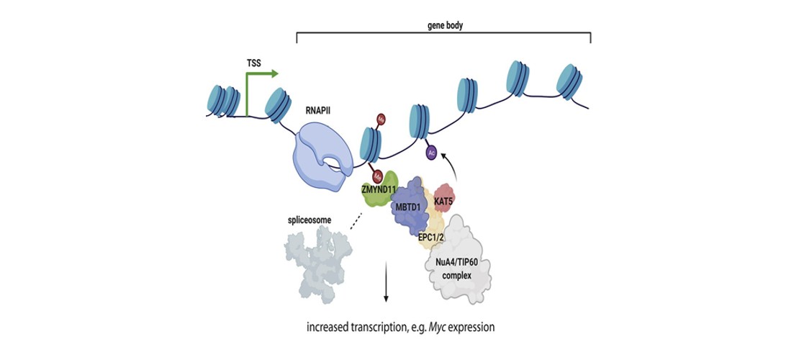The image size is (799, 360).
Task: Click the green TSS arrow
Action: point(248,94)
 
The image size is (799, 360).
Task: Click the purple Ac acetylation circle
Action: point(431,152)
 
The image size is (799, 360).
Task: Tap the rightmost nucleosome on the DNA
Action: point(574,81)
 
